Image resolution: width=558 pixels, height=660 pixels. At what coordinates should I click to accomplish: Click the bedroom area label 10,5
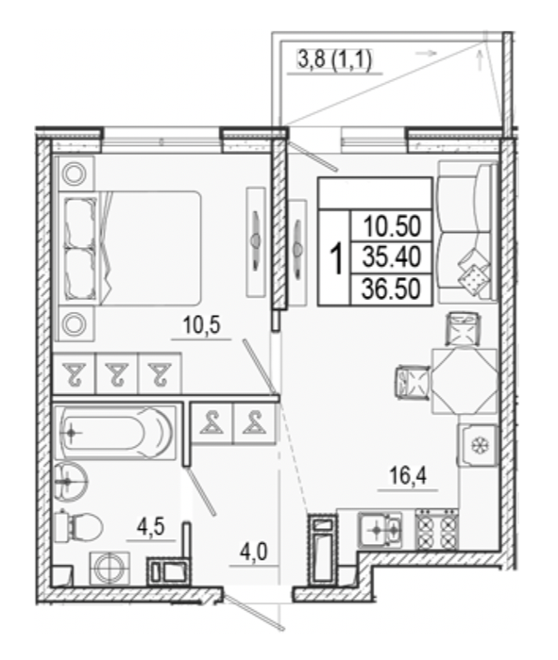(x=201, y=325)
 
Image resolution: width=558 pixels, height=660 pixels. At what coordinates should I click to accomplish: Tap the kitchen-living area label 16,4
(x=408, y=475)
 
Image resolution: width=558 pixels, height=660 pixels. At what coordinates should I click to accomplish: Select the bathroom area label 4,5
(x=150, y=526)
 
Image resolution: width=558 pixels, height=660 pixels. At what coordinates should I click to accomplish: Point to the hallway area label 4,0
(x=254, y=552)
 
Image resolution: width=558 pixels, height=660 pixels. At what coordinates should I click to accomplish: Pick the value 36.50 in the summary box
(x=392, y=289)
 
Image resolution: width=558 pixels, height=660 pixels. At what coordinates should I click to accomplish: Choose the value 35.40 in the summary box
(x=392, y=256)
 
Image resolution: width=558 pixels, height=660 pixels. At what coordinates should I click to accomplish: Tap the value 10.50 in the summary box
(x=393, y=226)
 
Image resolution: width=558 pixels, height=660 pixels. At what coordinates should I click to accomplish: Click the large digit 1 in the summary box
(x=336, y=259)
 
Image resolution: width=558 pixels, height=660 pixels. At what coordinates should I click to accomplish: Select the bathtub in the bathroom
(x=115, y=433)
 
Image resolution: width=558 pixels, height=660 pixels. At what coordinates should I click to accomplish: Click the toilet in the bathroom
(x=78, y=526)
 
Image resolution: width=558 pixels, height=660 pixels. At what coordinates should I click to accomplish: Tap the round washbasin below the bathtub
(x=71, y=480)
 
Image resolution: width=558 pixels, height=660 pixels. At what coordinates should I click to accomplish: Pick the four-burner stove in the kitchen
(x=436, y=530)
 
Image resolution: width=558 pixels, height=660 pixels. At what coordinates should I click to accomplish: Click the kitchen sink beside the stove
(x=380, y=530)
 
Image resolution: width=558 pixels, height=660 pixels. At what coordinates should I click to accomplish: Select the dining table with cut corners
(x=464, y=381)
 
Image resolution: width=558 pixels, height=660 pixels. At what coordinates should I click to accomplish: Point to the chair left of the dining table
(x=413, y=382)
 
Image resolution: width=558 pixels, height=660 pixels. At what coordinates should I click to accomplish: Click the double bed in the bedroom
(x=130, y=248)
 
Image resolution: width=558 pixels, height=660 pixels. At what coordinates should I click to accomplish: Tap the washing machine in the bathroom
(x=110, y=569)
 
